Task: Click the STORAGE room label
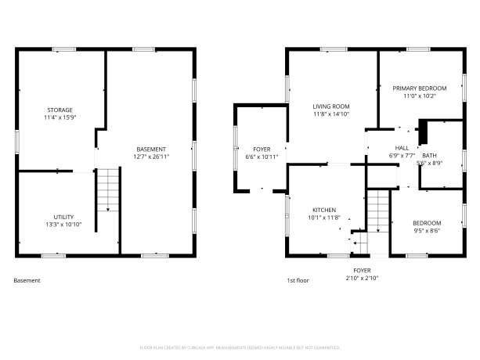click(60, 110)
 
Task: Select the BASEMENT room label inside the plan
click(151, 149)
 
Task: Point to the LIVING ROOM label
click(330, 106)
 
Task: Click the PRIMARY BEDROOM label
click(419, 88)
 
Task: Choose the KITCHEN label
click(324, 210)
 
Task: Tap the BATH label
click(429, 155)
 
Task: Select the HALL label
click(402, 147)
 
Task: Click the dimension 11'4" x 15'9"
click(60, 117)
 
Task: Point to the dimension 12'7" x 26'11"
click(151, 157)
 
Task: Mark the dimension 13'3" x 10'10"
click(63, 224)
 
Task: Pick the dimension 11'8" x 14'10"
click(330, 113)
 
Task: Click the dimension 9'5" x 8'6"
click(426, 230)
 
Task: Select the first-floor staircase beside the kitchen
click(378, 211)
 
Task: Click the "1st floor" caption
click(298, 279)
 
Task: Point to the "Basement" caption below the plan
click(27, 279)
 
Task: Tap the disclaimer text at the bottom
click(240, 345)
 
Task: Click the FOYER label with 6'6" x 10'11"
click(261, 149)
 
